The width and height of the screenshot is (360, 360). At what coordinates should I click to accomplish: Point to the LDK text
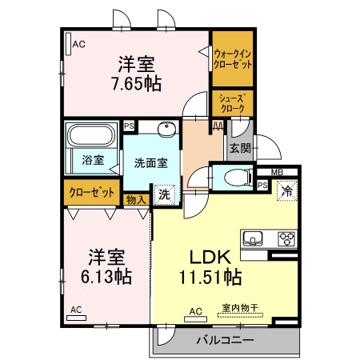click(x=210, y=258)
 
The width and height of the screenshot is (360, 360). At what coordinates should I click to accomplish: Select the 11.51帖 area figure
click(x=210, y=277)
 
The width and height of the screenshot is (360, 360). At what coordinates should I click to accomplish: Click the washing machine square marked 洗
click(x=163, y=194)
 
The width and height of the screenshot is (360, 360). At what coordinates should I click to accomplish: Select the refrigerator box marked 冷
click(x=286, y=190)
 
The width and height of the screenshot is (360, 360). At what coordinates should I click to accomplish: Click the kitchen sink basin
click(x=254, y=238)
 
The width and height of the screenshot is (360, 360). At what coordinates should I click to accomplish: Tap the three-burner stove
click(x=286, y=238)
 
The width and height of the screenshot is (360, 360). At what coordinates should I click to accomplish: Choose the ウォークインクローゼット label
click(x=233, y=58)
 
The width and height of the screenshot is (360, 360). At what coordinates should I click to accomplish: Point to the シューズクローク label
click(x=233, y=102)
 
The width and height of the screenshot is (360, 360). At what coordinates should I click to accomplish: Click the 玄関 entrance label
click(x=240, y=147)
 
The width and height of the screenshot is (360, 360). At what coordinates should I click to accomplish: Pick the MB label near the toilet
click(x=276, y=172)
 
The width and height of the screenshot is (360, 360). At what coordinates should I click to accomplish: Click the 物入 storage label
click(x=137, y=200)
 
